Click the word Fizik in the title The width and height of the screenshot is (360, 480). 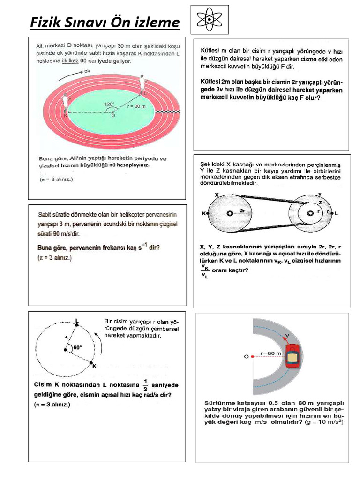click(47, 22)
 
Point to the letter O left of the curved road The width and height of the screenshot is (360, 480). click(247, 356)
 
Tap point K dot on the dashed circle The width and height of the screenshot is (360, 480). click(90, 362)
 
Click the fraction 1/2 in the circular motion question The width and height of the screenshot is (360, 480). click(146, 384)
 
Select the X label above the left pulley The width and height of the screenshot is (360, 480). click(216, 194)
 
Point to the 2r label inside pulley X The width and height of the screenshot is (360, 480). click(243, 211)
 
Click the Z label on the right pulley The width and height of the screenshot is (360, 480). click(321, 202)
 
